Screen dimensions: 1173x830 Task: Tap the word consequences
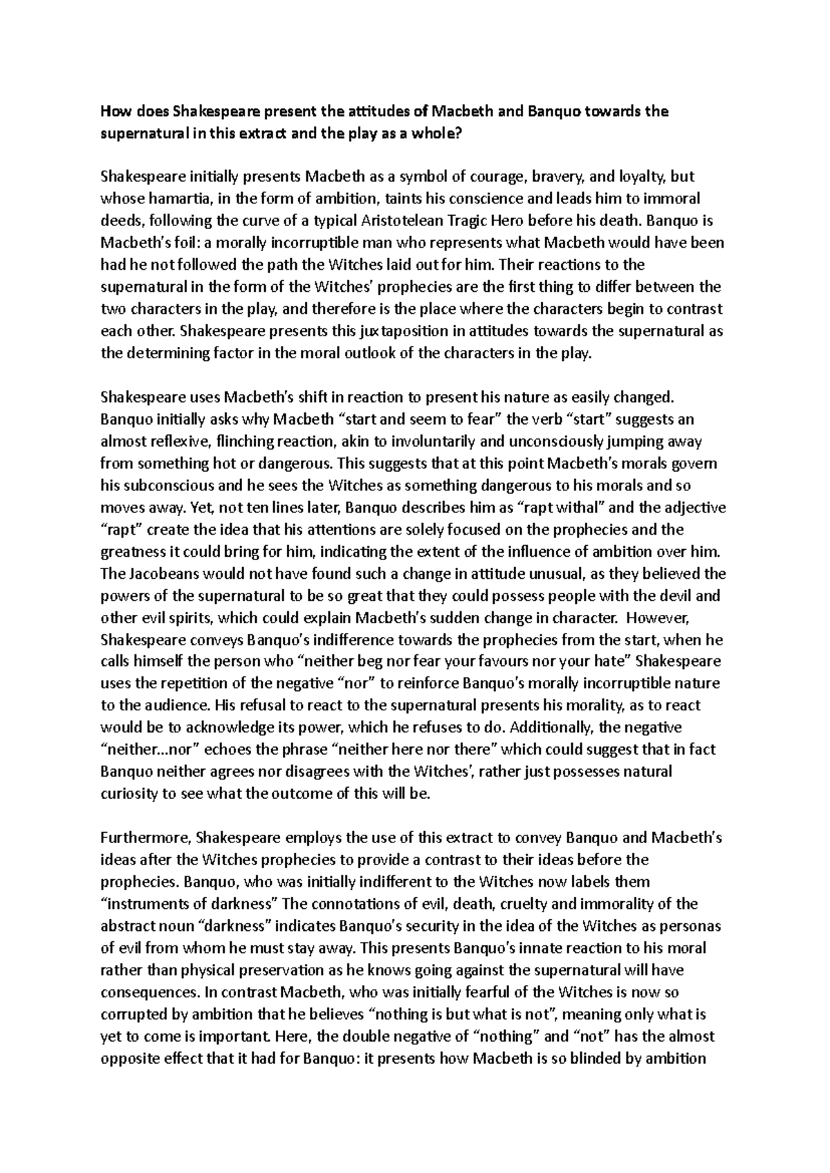click(x=149, y=992)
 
